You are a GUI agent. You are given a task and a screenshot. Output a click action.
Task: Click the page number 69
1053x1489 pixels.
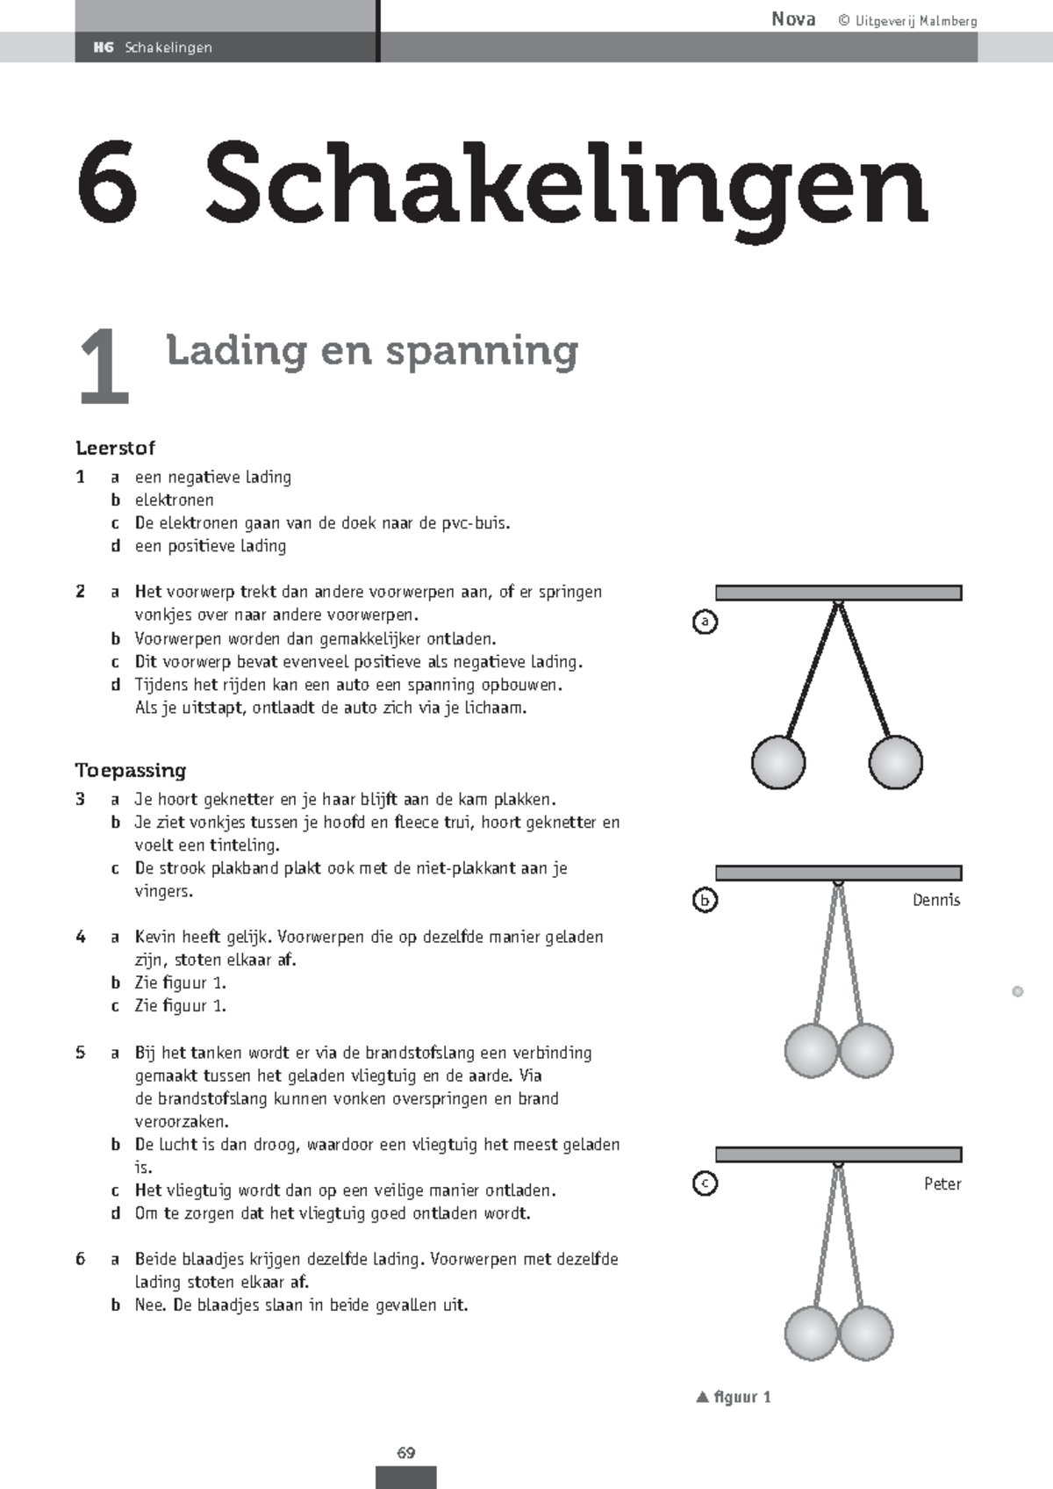[x=405, y=1452]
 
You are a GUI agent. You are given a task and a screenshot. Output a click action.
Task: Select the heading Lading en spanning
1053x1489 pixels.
[x=372, y=351]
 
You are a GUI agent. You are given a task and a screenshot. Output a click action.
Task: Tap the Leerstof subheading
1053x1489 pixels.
[x=115, y=448]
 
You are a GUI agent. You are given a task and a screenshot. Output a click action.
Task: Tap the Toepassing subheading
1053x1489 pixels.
[x=131, y=770]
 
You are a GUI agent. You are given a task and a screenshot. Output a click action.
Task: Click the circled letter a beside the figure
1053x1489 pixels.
[x=705, y=622]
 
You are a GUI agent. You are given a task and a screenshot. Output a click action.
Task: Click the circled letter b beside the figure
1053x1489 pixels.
[x=705, y=900]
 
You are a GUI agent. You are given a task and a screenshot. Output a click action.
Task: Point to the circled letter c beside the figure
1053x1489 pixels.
[x=705, y=1183]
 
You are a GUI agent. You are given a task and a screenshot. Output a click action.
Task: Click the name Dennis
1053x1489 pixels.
[x=935, y=900]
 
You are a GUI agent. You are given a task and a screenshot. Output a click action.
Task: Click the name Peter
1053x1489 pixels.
[x=942, y=1183]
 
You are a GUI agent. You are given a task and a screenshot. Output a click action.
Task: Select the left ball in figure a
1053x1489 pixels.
[x=778, y=761]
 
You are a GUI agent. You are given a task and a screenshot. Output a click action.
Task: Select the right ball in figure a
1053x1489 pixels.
[x=895, y=761]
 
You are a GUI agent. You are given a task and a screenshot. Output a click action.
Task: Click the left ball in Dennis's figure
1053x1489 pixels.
[x=811, y=1050]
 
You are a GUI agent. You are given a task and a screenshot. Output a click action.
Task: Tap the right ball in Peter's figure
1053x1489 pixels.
[x=866, y=1333]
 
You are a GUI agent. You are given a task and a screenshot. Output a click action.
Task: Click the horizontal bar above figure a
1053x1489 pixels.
[x=838, y=593]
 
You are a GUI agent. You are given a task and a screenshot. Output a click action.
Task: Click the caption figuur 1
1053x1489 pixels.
[x=741, y=1397]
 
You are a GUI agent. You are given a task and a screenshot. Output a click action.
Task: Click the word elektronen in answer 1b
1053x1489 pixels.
[x=174, y=500]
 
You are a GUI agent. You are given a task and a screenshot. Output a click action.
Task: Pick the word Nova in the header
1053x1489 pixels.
[x=793, y=19]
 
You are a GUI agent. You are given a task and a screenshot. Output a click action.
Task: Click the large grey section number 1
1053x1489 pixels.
[x=104, y=367]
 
